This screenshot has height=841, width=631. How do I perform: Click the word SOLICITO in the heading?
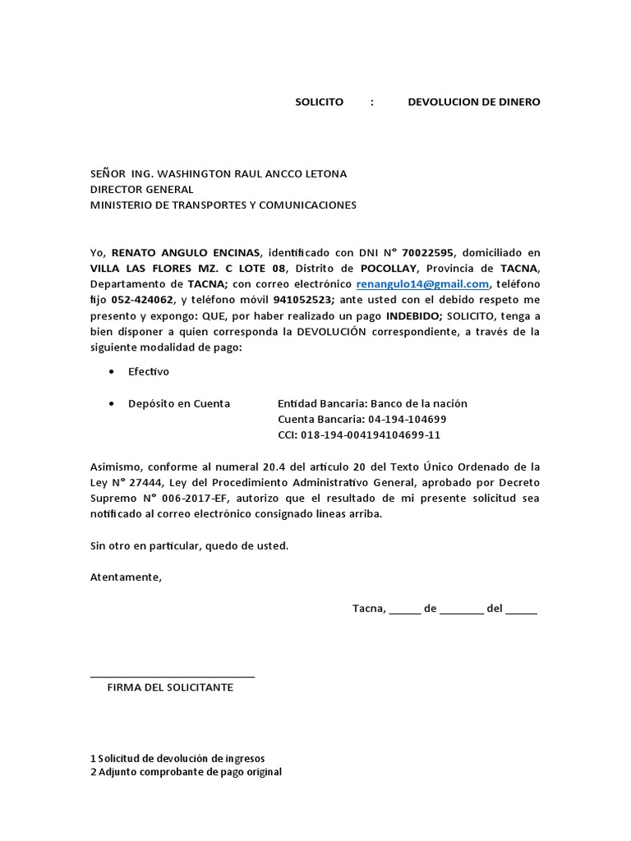point(319,103)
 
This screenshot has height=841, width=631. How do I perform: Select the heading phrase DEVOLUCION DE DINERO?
point(474,103)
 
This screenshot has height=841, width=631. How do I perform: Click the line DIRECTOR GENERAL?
point(141,190)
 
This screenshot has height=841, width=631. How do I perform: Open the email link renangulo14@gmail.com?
point(423,284)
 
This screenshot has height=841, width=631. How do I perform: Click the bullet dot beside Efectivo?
point(111,372)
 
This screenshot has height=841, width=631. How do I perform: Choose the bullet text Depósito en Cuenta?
point(179,404)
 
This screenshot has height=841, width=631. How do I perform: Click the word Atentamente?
point(126,577)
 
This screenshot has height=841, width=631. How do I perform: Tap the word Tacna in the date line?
point(368,609)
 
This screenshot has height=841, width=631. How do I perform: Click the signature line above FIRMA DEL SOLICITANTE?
point(172,676)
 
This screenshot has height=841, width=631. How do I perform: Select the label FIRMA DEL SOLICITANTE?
point(170,687)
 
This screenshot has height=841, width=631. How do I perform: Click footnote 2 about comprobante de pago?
point(186,772)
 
